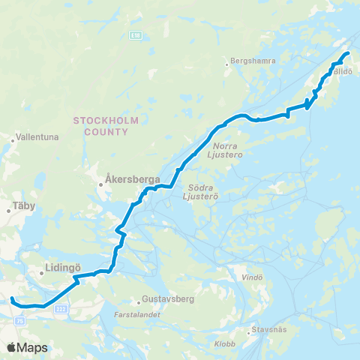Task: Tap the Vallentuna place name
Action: click(x=35, y=138)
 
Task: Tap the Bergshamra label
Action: click(x=253, y=61)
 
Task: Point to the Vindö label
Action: click(x=256, y=277)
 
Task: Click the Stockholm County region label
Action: click(x=100, y=125)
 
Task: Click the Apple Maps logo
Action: click(x=27, y=347)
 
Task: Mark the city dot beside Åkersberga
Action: click(x=102, y=180)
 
